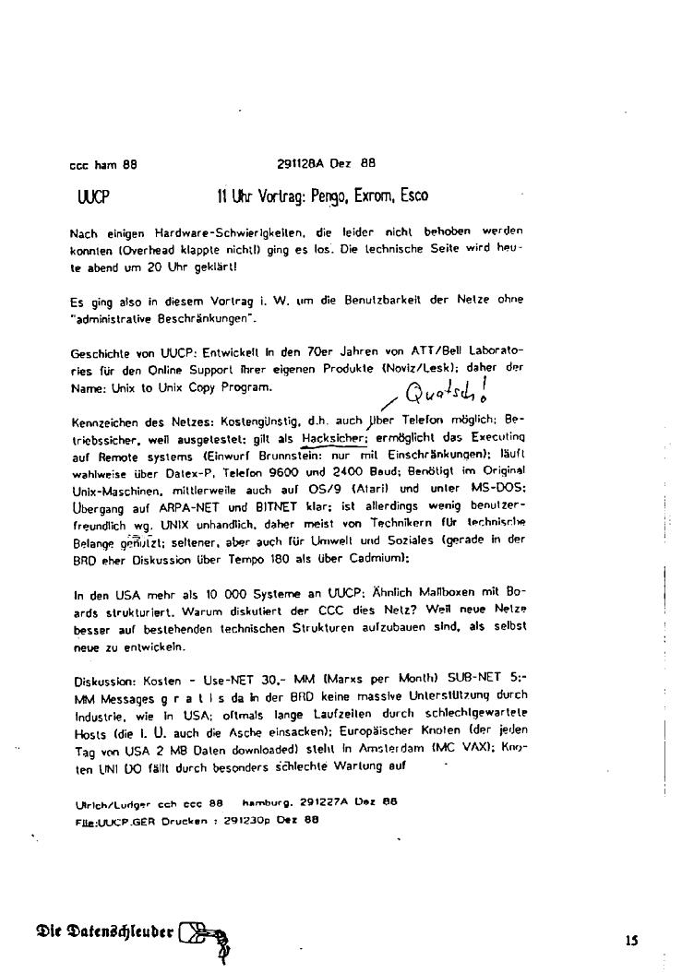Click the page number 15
pos(631,941)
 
